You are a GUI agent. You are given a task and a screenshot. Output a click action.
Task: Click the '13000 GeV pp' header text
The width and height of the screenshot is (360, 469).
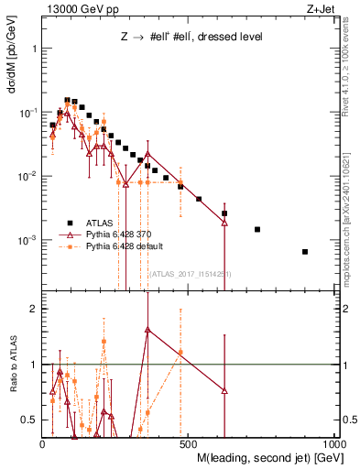point(77,9)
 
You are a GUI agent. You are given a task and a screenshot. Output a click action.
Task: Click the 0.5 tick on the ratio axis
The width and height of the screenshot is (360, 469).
point(30,420)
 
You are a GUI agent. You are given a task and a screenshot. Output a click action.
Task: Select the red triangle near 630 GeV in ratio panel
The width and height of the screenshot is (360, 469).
point(225,391)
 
